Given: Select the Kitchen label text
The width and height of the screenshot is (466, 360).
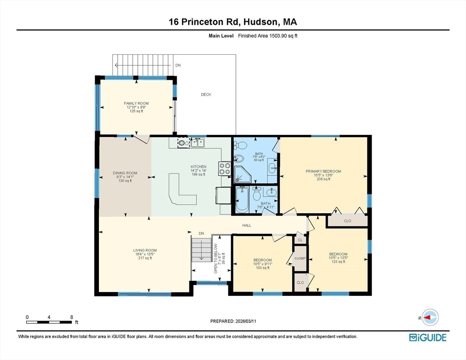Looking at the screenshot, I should tap(198, 170).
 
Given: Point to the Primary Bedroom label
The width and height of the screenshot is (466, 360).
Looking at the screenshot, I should tap(323, 175).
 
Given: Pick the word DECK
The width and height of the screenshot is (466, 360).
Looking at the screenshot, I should tap(206, 95).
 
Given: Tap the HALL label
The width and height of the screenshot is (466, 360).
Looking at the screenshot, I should tap(247, 225).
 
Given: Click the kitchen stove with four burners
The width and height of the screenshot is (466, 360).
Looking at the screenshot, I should tap(225, 168).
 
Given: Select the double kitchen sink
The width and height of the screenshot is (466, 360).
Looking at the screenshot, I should tap(197, 142).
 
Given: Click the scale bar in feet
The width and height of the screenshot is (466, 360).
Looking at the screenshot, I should tap(49, 322).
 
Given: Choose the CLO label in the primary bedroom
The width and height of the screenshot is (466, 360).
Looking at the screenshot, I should tap(347, 221).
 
